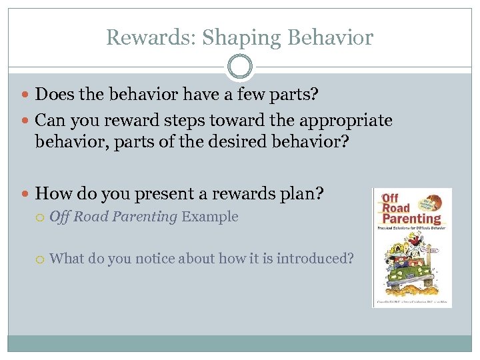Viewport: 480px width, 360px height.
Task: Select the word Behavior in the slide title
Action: (x=331, y=38)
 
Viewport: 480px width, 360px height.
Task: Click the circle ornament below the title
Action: (x=240, y=67)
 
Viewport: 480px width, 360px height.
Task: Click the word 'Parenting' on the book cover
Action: (x=411, y=218)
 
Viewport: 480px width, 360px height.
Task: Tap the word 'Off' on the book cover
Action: (x=391, y=198)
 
